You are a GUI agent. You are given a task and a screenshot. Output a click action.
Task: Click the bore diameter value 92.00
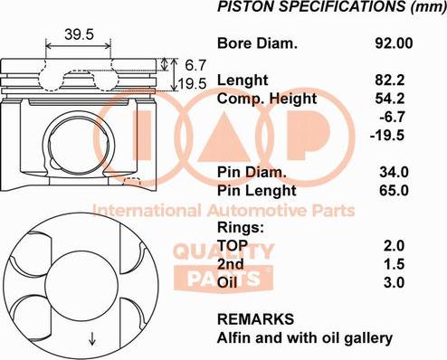[x=394, y=43]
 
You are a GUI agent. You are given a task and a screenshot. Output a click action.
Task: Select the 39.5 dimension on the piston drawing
[x=80, y=34]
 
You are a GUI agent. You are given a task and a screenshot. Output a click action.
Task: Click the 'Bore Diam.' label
[x=256, y=43]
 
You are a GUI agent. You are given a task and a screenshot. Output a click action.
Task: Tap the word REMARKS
[x=256, y=319]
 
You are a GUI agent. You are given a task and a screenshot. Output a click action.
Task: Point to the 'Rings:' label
[x=241, y=227]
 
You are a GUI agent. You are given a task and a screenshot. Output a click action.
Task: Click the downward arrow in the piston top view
[x=91, y=340]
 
